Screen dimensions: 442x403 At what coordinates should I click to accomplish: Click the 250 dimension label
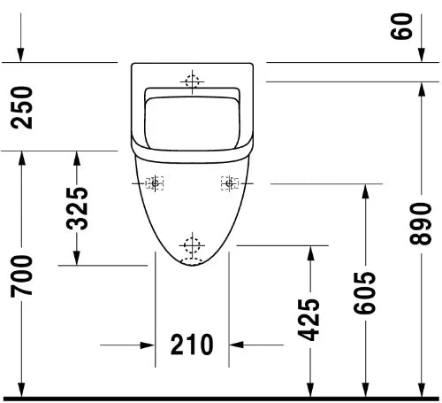tap(21, 107)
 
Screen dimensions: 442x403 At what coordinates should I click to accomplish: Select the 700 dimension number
tap(21, 276)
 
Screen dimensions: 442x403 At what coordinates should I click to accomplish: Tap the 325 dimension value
tap(77, 208)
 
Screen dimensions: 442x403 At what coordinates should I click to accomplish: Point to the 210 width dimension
tap(192, 345)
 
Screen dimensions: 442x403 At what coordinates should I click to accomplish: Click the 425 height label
tap(309, 320)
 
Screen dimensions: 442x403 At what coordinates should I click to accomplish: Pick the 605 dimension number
tap(364, 293)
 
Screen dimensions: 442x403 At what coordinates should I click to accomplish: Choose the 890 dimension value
tap(421, 223)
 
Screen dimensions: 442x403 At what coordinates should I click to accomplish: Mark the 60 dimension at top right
tap(401, 26)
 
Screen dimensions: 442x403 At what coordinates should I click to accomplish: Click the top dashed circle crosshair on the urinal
tap(192, 81)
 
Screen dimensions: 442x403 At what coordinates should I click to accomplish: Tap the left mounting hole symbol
tap(155, 183)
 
